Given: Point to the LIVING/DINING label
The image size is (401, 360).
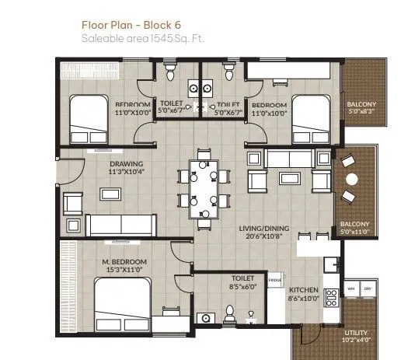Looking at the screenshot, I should (264, 229).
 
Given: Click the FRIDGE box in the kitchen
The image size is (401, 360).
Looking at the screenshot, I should (275, 279).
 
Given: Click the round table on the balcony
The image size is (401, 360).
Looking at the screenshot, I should (352, 180).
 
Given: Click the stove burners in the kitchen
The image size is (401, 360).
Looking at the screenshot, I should (330, 295).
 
